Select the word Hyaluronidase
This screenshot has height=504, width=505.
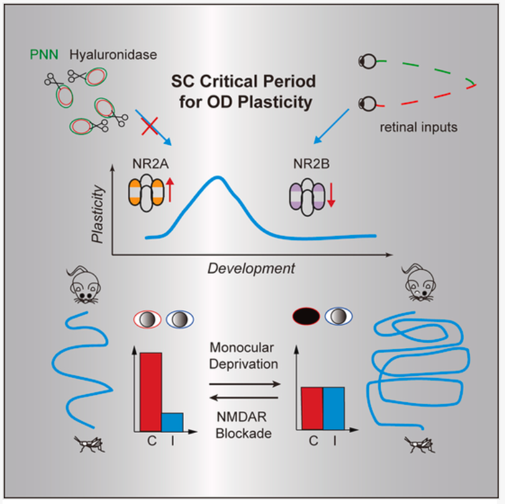click(x=102, y=54)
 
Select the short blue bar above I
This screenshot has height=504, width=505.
click(x=172, y=422)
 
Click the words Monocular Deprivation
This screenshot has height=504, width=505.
click(x=244, y=355)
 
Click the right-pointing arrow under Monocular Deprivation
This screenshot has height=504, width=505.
click(x=244, y=384)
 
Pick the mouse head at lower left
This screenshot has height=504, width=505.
click(x=84, y=285)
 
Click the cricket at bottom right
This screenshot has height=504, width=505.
click(x=418, y=443)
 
